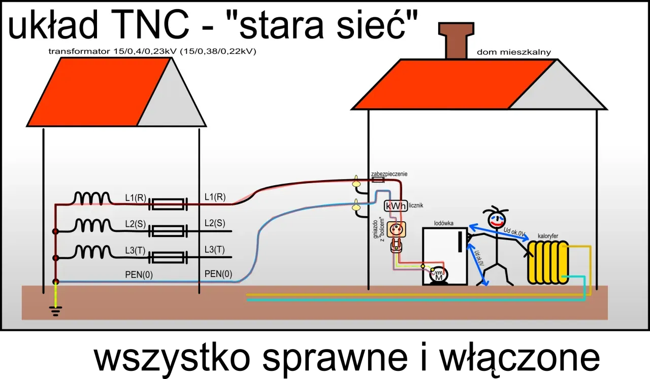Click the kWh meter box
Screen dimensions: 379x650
point(396,206)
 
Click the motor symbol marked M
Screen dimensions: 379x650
point(437,276)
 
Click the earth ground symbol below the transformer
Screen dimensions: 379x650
point(55,310)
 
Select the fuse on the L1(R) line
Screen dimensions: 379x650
point(168,204)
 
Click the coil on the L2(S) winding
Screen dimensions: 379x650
point(92,224)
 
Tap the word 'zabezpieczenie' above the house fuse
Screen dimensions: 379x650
point(389,174)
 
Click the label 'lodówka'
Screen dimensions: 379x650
point(443,223)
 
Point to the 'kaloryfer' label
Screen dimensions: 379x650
point(548,236)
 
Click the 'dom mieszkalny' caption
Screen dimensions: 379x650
point(513,52)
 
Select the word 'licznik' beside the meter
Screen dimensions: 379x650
point(416,205)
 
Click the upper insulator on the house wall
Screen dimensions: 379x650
point(356,180)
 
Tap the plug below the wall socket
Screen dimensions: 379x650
point(396,247)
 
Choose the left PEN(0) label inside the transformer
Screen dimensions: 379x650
point(139,274)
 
